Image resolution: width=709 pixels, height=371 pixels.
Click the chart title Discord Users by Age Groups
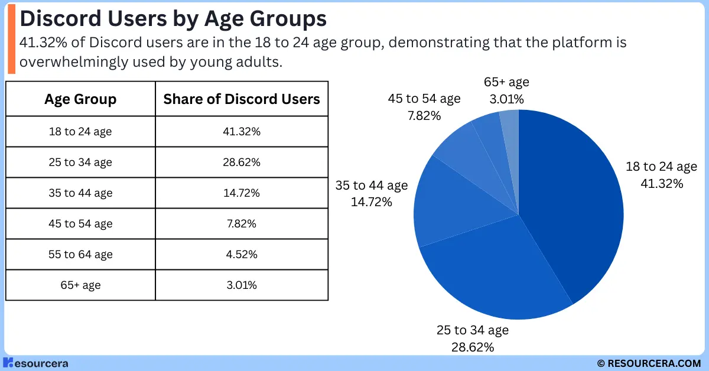click(x=173, y=19)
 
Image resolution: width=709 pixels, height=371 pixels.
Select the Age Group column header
click(x=80, y=99)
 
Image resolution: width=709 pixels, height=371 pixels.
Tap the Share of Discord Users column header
click(x=242, y=99)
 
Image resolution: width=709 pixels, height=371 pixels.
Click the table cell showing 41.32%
click(x=242, y=132)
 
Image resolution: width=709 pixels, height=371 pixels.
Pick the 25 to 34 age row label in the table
click(x=80, y=162)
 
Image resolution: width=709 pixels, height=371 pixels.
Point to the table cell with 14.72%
click(x=242, y=193)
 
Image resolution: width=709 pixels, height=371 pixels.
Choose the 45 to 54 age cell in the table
click(x=80, y=224)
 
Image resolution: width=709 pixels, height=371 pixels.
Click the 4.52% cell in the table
click(x=242, y=255)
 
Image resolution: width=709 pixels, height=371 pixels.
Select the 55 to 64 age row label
click(x=80, y=255)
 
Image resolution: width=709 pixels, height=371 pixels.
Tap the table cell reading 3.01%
click(x=242, y=285)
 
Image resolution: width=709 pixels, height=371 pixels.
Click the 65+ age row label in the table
click(x=80, y=285)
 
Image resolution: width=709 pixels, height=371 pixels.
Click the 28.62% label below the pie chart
click(x=472, y=346)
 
